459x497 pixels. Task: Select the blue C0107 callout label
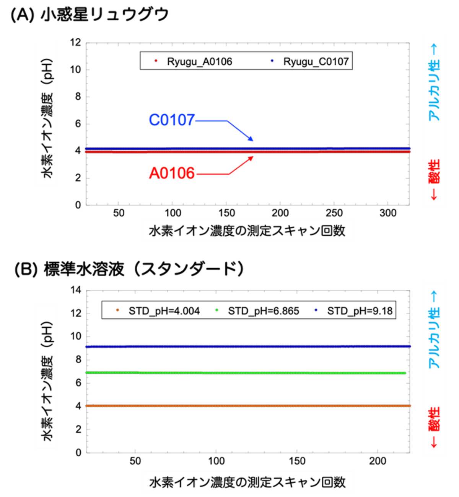point(172,120)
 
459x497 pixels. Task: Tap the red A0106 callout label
point(172,173)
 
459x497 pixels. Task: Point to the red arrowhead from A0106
point(251,157)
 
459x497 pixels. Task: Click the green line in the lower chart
point(245,372)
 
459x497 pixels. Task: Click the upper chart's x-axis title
point(247,231)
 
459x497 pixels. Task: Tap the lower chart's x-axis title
point(248,482)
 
